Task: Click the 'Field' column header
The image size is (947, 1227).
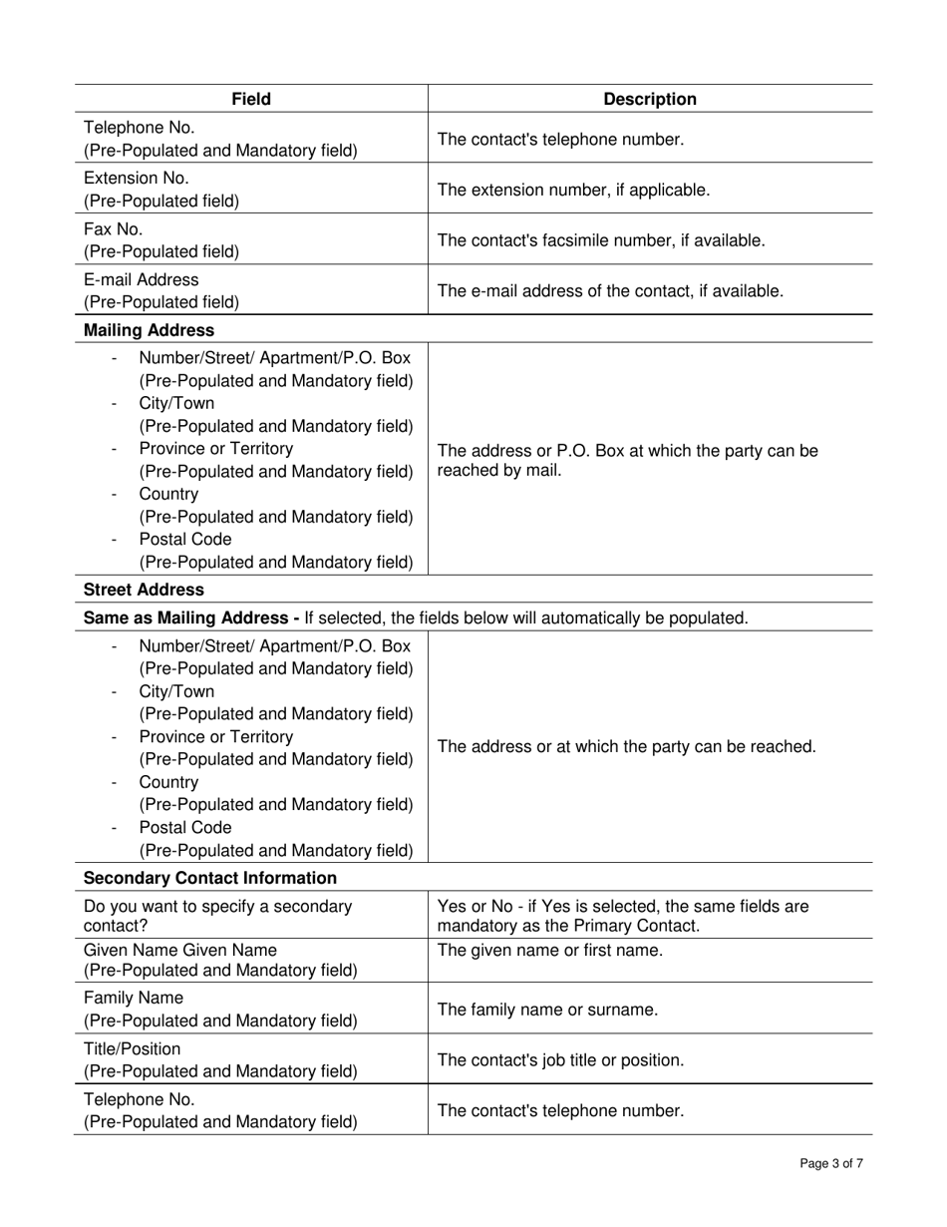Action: tap(251, 99)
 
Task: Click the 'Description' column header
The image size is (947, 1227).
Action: tap(650, 99)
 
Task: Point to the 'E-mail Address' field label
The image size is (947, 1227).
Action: tap(141, 279)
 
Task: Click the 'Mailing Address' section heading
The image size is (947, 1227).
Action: tap(149, 329)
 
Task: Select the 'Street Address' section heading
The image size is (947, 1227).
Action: tap(144, 590)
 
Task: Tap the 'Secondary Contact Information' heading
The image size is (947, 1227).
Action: tap(210, 878)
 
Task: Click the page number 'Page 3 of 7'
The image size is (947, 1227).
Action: tap(831, 1163)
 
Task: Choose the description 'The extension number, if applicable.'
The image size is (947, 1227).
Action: tap(573, 190)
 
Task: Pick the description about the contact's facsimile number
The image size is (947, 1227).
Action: tap(601, 240)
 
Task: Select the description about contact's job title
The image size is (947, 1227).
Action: tap(560, 1059)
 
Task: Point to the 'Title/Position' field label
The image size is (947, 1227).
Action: tap(133, 1049)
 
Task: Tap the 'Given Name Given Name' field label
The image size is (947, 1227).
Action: tap(180, 950)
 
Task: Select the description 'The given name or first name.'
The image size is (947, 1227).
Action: tap(549, 951)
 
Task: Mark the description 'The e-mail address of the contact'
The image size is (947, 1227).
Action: tap(610, 290)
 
